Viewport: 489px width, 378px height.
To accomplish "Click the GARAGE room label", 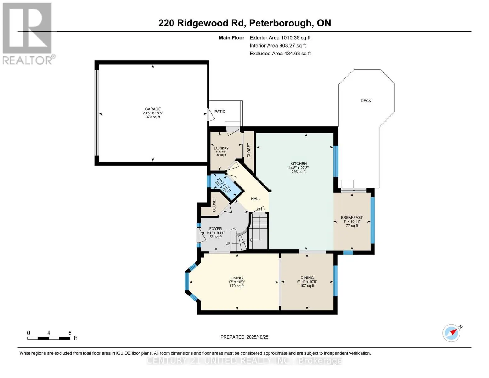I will pos(153,109).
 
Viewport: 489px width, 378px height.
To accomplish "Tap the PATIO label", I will pos(220,112).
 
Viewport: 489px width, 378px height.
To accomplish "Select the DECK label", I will pos(366,101).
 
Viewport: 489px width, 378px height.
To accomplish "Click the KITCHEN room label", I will pos(299,164).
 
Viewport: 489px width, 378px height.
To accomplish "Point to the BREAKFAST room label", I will pos(352,218).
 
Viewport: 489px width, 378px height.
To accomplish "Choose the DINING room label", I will pos(307,278).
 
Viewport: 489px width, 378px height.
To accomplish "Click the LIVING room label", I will pos(236,278).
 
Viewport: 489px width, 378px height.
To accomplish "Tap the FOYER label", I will pos(215,229).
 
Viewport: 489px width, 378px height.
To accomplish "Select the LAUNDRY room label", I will pos(221,148).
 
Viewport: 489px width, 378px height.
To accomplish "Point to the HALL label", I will pos(255,199).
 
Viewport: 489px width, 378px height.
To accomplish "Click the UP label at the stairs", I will pos(228,243).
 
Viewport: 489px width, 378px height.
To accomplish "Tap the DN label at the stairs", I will pos(259,209).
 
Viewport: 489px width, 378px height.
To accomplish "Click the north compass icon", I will pos(452,333).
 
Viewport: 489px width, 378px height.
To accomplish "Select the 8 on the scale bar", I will pos(70,333).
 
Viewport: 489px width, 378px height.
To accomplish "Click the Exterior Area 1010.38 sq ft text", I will pos(280,38).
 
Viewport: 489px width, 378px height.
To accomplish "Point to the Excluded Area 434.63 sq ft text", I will pos(280,54).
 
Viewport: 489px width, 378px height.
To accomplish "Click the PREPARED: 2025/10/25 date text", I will pos(244,337).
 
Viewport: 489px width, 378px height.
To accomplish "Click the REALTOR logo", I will pos(28,33).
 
